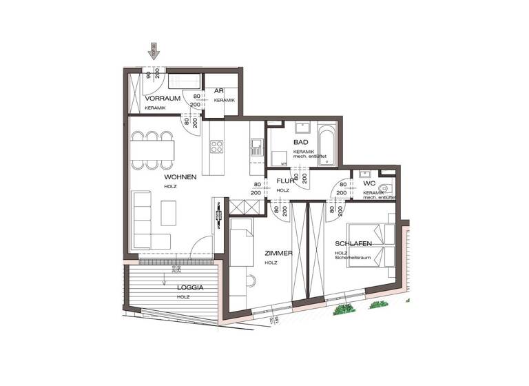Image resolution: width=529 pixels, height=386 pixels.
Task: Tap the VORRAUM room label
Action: click(163, 99)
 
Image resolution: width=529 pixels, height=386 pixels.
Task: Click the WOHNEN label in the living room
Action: click(180, 177)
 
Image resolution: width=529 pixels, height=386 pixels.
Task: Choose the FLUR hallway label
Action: click(284, 181)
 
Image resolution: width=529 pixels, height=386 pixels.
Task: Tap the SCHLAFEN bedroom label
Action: click(354, 244)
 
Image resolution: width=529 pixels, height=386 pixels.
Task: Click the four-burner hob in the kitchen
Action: click(217, 146)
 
